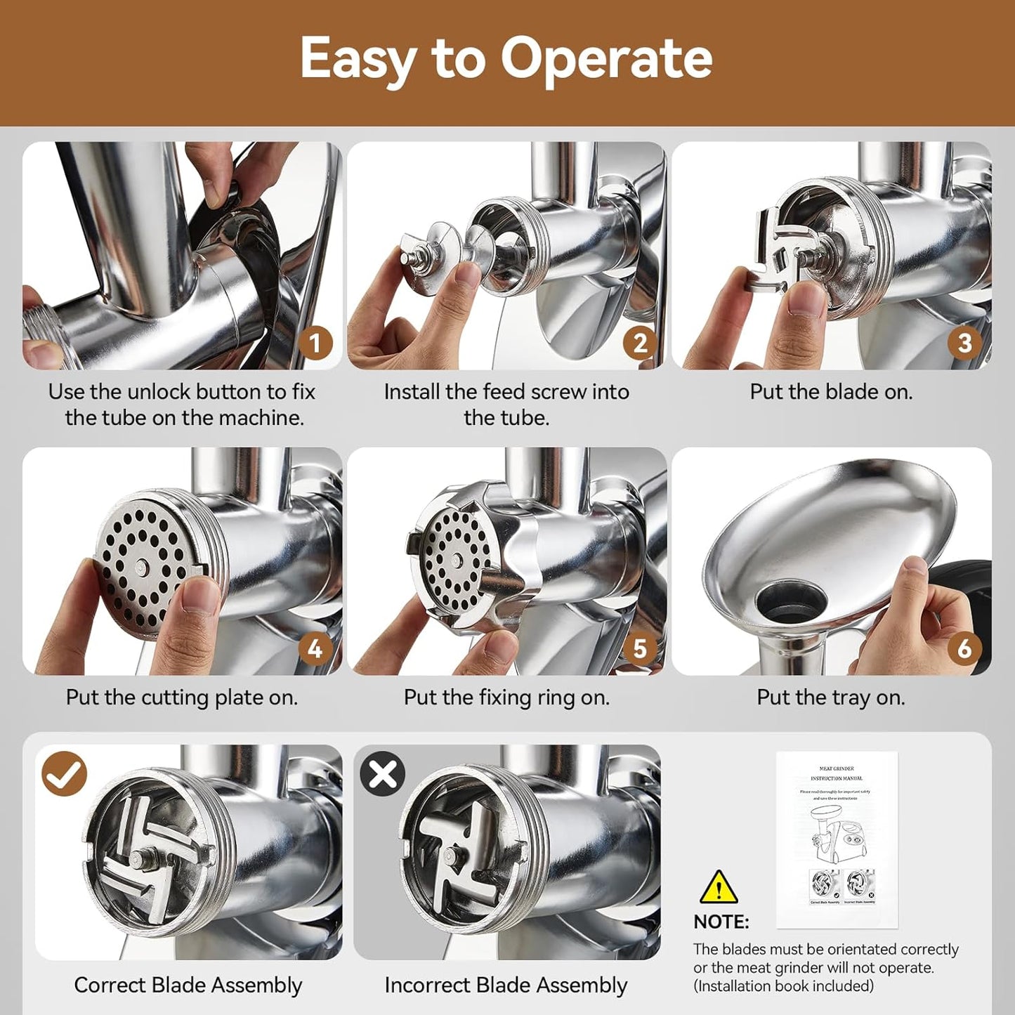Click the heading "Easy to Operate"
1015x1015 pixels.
pos(506,59)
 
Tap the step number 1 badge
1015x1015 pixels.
pos(315,343)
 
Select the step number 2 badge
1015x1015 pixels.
pos(640,343)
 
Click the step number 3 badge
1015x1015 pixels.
pos(964,343)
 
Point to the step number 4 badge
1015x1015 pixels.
pos(315,648)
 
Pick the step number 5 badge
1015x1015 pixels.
pos(640,648)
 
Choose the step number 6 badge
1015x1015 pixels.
pos(964,648)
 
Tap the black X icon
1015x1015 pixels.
pos(383,774)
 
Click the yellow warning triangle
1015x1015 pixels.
pos(719,889)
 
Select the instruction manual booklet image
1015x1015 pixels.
pos(837,839)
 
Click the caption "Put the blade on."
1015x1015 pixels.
pos(831,392)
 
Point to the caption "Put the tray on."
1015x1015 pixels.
pos(831,698)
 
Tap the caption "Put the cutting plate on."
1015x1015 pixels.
pos(182,698)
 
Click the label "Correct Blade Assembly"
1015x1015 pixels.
pos(188,985)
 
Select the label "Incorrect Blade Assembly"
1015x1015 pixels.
pos(506,985)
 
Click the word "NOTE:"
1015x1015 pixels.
pos(721,922)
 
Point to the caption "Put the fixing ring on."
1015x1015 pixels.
pos(506,698)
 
